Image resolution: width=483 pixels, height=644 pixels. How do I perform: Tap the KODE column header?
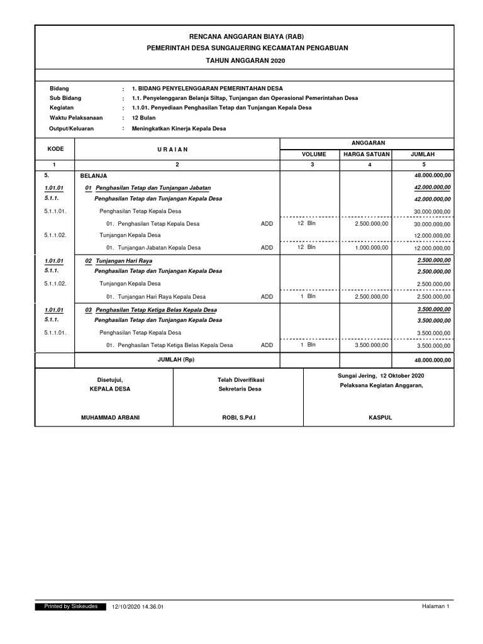pos(55,149)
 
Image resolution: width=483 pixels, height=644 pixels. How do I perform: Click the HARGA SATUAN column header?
pos(367,154)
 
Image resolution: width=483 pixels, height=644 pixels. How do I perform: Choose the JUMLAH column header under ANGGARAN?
pos(422,154)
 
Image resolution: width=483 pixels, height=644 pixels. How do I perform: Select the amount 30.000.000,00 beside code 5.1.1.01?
pos(432,212)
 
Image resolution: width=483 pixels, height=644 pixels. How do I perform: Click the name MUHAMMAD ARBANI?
pos(104,418)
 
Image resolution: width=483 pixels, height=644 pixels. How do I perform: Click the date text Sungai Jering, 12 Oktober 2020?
pos(379,375)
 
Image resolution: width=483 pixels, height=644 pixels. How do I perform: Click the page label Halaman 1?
pos(435,606)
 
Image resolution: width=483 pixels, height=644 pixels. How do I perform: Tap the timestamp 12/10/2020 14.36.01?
pos(138,607)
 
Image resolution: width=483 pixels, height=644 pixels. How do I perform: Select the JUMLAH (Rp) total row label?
pos(177,359)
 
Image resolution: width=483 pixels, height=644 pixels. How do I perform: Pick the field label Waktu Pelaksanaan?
pos(76,118)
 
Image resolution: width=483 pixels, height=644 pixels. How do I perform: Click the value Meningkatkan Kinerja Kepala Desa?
pos(179,128)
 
